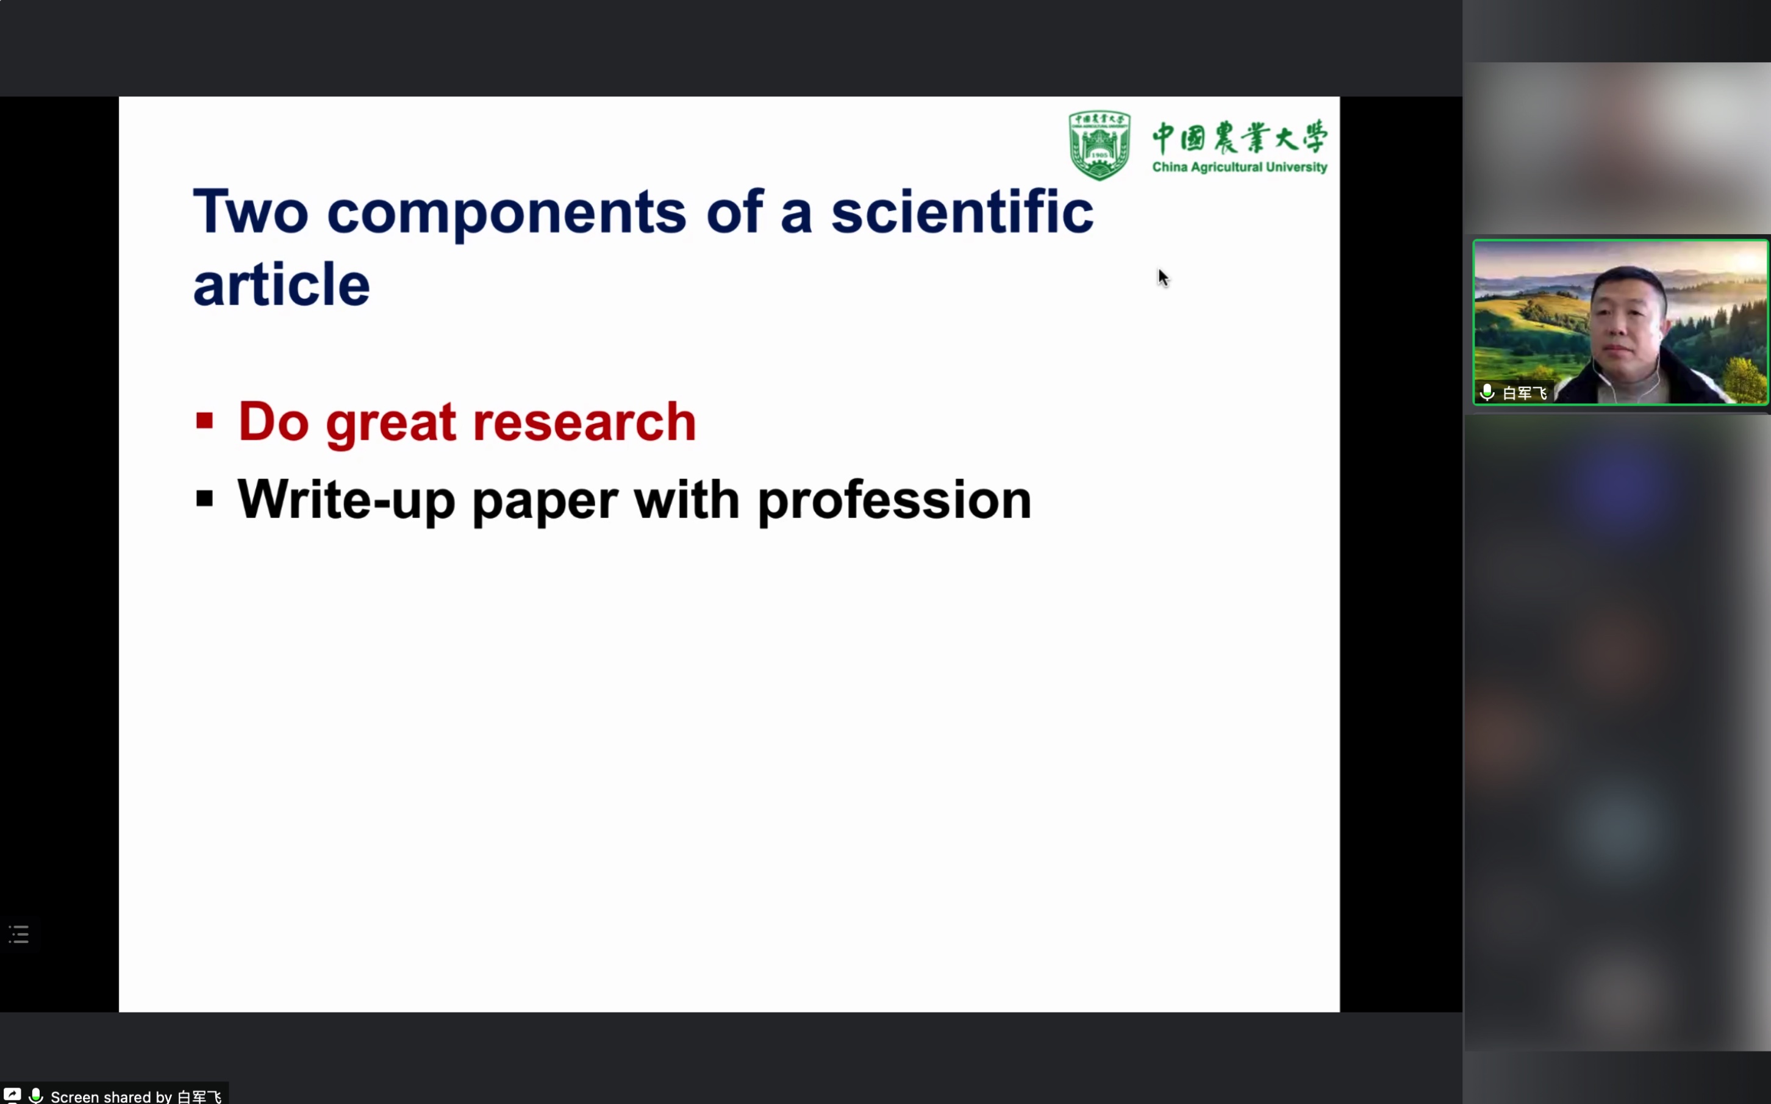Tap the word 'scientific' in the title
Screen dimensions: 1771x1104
coord(962,211)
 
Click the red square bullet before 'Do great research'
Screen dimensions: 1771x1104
coord(204,421)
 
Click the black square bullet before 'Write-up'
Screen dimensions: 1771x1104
coord(204,500)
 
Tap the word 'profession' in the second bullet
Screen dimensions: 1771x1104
coord(894,501)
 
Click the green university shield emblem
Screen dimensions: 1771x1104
coord(1100,145)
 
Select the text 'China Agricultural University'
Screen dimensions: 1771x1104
coord(1240,167)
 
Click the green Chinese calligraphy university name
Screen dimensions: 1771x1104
coord(1240,137)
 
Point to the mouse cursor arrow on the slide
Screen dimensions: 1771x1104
coord(1163,278)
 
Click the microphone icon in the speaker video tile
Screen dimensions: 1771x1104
coord(1487,392)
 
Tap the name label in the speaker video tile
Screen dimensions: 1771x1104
coord(1525,393)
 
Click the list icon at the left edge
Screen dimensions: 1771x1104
coord(19,934)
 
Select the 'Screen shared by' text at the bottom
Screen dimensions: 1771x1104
coord(111,1097)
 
